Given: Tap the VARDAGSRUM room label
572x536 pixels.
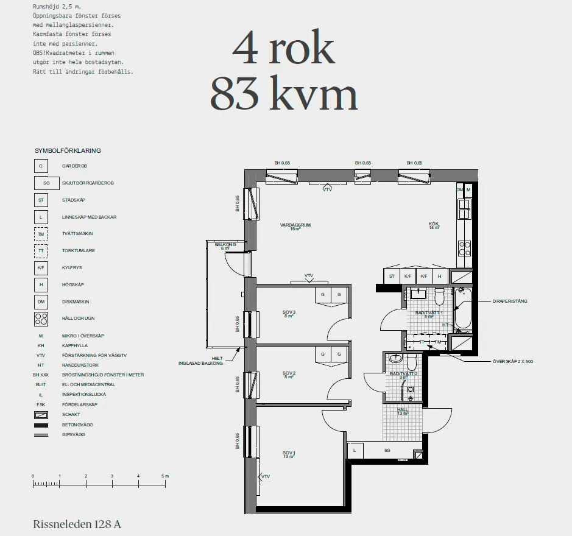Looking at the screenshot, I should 295,225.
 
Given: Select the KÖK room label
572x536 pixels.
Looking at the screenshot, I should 434,225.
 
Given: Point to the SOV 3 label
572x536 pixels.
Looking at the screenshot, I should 289,313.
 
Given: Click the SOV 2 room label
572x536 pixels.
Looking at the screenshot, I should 289,373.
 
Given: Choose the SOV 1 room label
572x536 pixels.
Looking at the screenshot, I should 288,453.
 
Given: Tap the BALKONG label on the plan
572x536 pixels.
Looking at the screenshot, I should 225,245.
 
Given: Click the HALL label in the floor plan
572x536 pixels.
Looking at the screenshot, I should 403,411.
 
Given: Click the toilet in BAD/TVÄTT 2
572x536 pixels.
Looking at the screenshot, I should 411,364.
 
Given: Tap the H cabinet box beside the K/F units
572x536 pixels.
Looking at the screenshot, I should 439,276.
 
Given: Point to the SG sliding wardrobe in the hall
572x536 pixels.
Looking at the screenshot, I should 387,451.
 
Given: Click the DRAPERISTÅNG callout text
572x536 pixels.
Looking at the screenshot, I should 510,301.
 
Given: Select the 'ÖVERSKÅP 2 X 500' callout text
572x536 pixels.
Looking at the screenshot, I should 512,362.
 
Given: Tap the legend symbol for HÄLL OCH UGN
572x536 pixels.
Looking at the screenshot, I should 41,319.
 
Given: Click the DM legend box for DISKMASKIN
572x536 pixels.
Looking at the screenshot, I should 41,301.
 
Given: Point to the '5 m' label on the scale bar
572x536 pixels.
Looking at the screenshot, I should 164,475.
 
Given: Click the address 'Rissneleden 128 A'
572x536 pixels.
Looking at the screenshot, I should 77,524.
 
